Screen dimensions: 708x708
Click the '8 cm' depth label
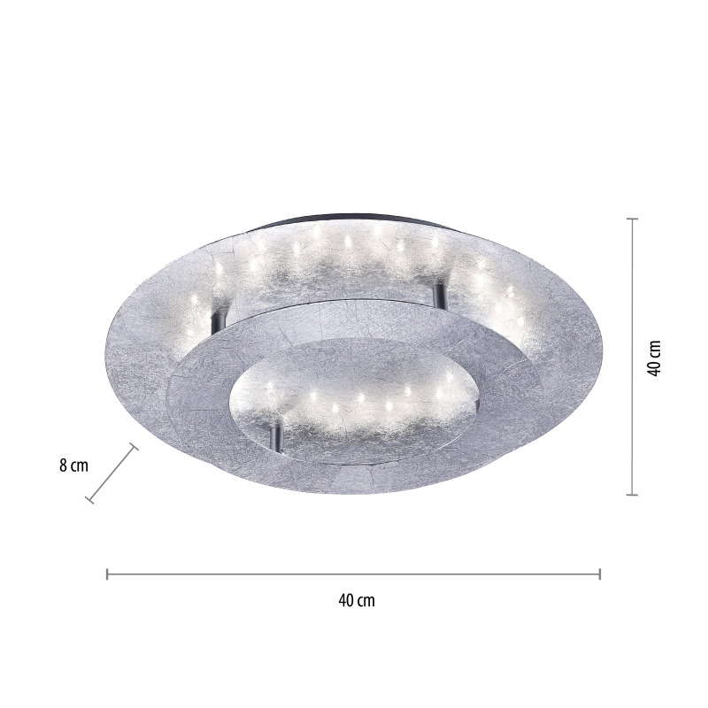(x=73, y=466)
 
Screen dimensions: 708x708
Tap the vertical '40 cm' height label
(x=653, y=358)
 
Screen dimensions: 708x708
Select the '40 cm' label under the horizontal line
(x=357, y=600)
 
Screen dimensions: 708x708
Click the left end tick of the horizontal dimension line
(x=107, y=573)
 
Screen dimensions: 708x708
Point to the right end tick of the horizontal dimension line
(x=600, y=573)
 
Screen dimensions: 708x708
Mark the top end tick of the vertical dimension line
(x=632, y=219)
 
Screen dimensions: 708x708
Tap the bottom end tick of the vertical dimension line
(x=632, y=495)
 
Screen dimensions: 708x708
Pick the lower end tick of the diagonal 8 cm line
(x=89, y=499)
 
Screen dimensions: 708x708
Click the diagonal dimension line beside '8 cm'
(x=112, y=473)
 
